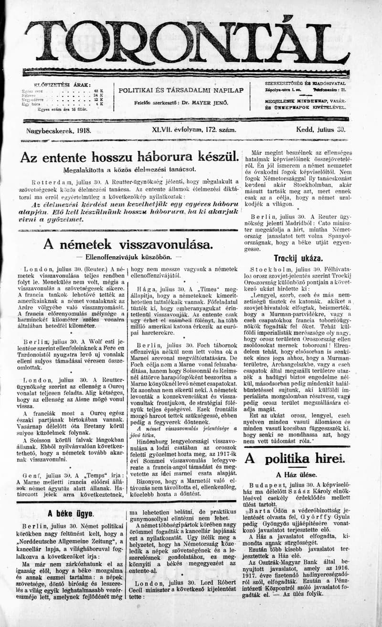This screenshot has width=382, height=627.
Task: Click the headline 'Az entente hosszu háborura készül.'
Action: click(129, 157)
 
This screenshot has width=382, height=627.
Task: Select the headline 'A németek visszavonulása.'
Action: click(128, 244)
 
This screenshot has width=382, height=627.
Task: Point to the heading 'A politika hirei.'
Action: click(295, 459)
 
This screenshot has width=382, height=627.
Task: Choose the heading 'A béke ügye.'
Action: click(70, 514)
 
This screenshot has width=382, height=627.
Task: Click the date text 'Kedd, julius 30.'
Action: click(321, 129)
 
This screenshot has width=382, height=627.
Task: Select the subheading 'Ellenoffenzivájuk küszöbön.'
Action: click(127, 257)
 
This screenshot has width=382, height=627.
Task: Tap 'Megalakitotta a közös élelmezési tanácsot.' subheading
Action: click(123, 169)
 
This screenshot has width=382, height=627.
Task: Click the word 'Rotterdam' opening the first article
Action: click(51, 181)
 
